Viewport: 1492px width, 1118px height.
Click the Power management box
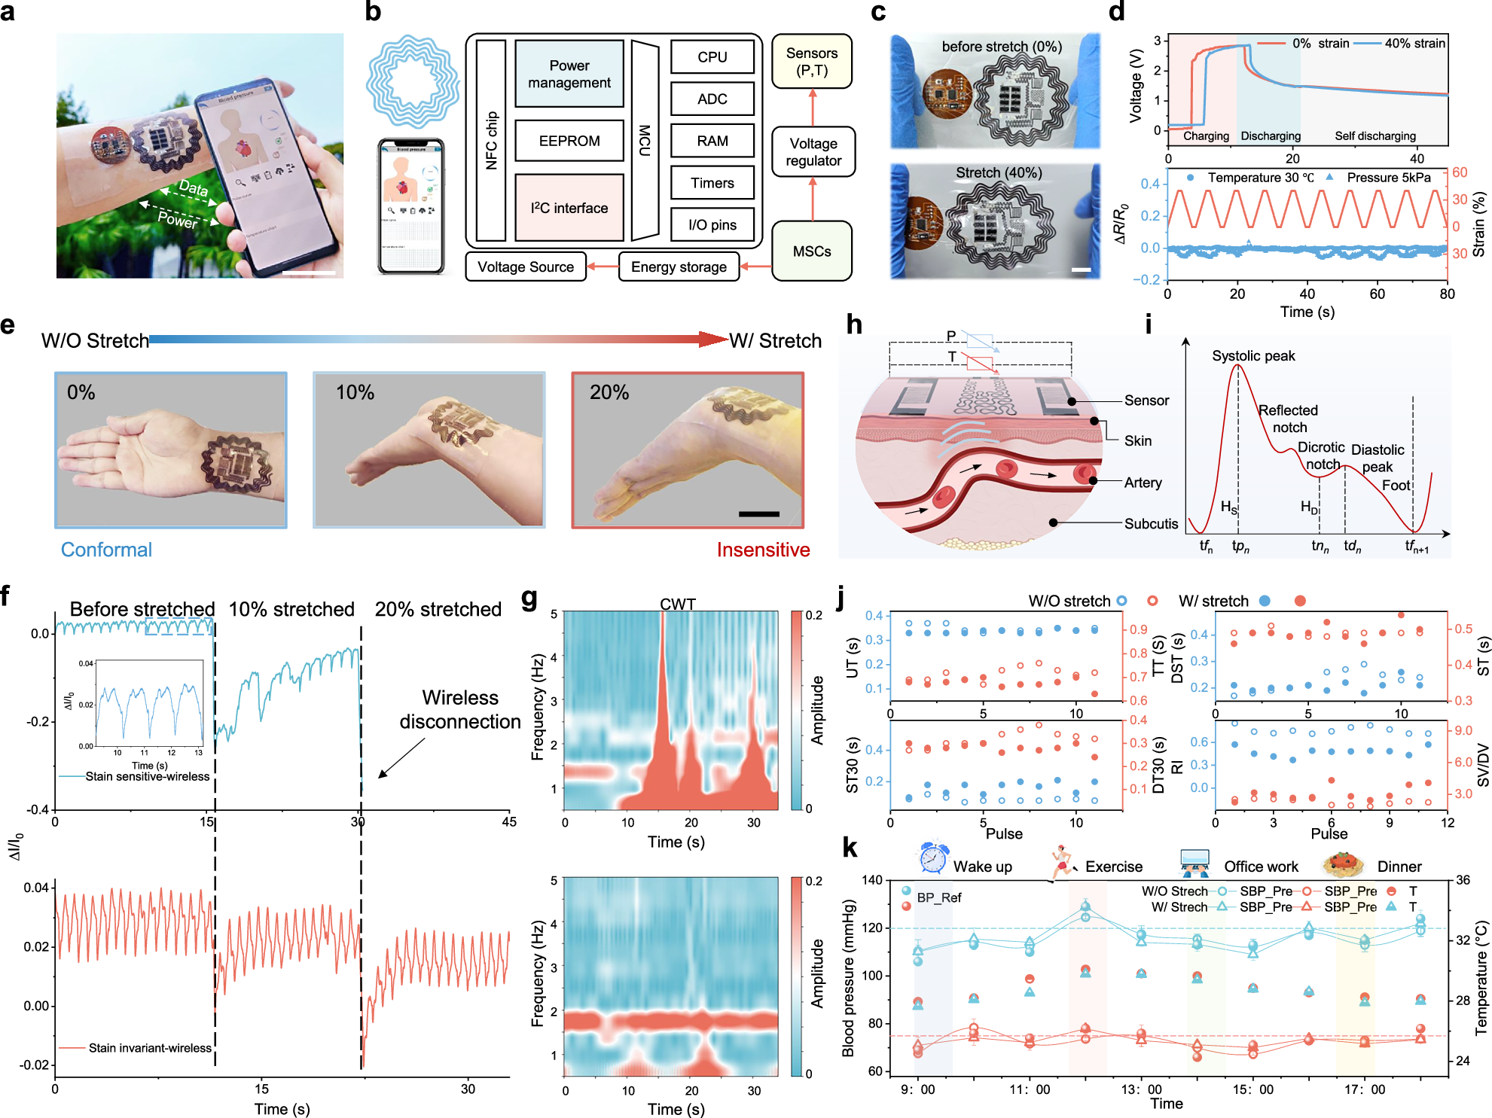pos(569,74)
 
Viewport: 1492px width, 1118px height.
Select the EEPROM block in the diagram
pos(569,141)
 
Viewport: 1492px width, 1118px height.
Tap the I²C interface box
pos(569,208)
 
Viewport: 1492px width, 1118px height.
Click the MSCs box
pos(812,251)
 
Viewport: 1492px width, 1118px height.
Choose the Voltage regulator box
pos(813,152)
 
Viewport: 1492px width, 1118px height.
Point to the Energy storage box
pos(679,267)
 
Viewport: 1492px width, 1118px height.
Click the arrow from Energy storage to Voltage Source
pos(603,267)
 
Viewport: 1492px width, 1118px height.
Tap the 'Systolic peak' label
pos(1253,355)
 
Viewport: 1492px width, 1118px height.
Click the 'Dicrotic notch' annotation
pos(1321,455)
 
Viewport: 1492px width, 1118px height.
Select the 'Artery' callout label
pos(1143,483)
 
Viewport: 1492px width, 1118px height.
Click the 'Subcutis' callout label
pos(1151,523)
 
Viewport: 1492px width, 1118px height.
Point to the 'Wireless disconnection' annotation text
pos(460,709)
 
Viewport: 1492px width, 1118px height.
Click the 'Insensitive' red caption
pos(763,550)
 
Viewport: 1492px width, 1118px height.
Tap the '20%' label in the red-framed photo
pos(609,392)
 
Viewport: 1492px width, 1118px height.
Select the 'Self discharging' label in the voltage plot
pos(1375,136)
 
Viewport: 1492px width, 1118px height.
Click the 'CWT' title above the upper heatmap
pos(677,604)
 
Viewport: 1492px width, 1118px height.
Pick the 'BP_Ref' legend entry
pos(938,897)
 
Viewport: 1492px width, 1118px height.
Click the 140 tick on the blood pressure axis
pos(872,880)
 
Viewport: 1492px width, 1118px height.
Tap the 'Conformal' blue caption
pos(106,550)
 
